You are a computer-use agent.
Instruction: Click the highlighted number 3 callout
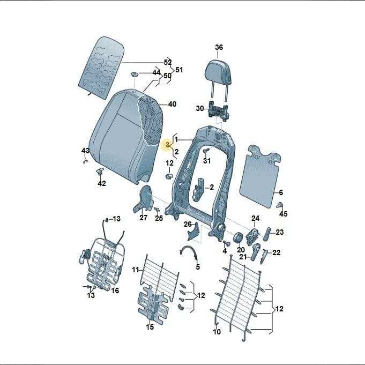click(x=168, y=145)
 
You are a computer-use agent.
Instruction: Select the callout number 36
click(x=219, y=47)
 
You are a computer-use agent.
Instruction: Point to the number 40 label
click(x=172, y=104)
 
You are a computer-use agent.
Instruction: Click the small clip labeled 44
click(x=135, y=75)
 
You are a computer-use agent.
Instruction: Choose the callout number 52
click(x=168, y=62)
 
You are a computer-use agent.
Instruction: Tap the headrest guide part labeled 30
click(x=218, y=111)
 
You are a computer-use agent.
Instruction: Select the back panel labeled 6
click(x=260, y=176)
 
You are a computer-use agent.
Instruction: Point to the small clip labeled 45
click(x=280, y=205)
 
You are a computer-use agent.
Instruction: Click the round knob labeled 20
click(x=238, y=238)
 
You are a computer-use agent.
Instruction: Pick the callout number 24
click(x=255, y=218)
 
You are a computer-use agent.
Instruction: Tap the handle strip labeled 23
click(x=267, y=234)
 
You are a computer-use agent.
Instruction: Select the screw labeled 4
click(x=226, y=243)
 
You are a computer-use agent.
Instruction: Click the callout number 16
click(x=115, y=290)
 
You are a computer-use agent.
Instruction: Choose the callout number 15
click(x=150, y=327)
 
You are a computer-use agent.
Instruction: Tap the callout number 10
click(x=217, y=332)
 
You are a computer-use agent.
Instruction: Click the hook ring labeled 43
click(x=85, y=161)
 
